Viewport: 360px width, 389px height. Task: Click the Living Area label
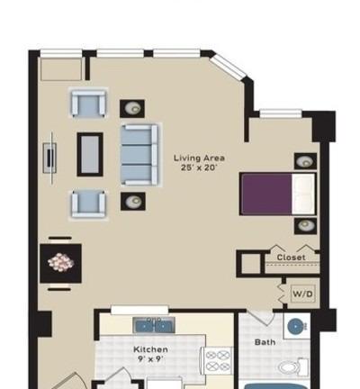(199, 158)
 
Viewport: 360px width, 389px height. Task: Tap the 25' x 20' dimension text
(199, 167)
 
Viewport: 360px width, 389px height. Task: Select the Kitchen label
(150, 349)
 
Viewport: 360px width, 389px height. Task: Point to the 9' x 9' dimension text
(150, 359)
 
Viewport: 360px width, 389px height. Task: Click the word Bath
(265, 342)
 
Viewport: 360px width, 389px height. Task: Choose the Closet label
(291, 258)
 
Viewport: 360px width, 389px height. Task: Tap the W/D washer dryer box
(303, 294)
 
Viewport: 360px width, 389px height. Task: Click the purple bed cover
(266, 194)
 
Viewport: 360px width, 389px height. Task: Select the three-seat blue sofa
(139, 155)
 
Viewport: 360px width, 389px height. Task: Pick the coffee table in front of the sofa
(90, 154)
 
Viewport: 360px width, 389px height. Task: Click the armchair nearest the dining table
(88, 204)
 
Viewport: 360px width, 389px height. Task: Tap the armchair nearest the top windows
(88, 104)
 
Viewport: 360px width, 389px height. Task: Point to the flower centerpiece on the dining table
(61, 262)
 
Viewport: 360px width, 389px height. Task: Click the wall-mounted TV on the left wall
(50, 158)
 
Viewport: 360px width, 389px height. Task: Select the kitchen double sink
(154, 325)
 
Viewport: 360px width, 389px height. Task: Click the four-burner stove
(218, 360)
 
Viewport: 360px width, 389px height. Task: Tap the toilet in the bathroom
(292, 366)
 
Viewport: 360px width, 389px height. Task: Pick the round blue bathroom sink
(296, 327)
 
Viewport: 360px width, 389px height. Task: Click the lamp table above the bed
(305, 161)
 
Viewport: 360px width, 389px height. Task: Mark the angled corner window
(228, 68)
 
